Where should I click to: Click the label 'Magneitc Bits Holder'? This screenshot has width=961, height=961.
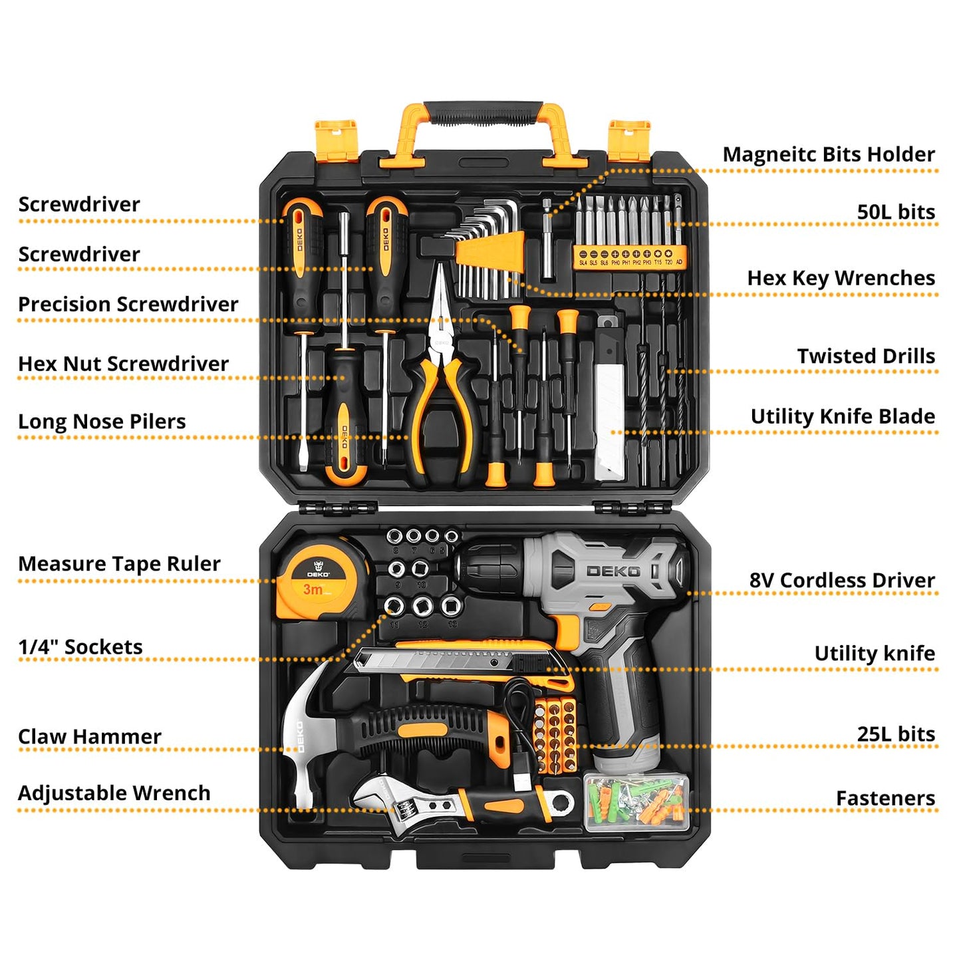point(828,154)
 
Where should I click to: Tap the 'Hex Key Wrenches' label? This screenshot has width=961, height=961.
point(841,278)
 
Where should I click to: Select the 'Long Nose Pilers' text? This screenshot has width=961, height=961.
point(102,422)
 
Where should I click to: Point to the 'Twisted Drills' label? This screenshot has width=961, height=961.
point(866,356)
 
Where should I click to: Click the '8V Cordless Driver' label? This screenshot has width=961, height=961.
point(842,581)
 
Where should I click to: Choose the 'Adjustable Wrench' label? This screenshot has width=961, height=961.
point(114,793)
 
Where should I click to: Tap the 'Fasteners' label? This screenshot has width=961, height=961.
point(885,798)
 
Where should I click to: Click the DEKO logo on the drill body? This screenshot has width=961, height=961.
point(613,571)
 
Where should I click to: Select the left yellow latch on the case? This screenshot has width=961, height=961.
point(335,140)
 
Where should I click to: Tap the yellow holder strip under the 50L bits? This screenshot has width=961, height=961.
point(629,255)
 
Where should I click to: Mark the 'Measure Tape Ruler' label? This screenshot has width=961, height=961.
point(119,564)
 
